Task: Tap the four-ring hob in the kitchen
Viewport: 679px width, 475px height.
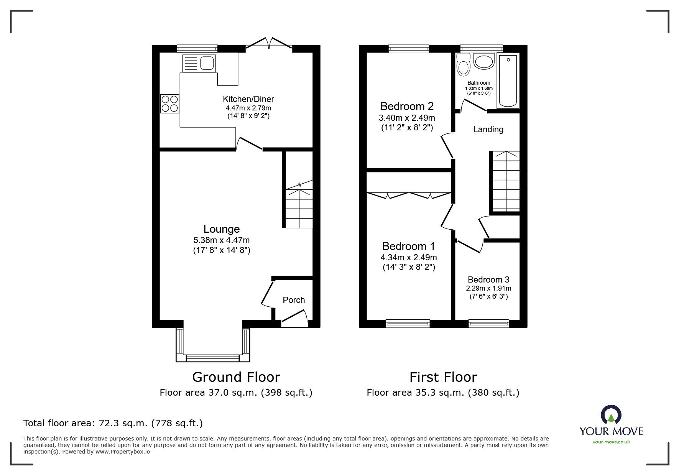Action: click(170, 104)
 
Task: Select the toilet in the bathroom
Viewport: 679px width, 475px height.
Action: click(464, 66)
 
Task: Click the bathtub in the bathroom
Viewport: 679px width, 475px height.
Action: click(508, 81)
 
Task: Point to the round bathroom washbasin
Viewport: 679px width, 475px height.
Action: click(484, 61)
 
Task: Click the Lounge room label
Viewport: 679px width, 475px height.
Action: click(221, 229)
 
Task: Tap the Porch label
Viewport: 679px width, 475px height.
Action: click(294, 300)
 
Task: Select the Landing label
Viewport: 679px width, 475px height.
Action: click(488, 129)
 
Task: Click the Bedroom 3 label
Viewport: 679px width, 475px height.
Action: click(488, 279)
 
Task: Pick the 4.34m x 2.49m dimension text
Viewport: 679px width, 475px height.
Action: click(409, 257)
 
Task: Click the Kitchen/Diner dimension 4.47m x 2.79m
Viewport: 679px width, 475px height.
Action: click(248, 108)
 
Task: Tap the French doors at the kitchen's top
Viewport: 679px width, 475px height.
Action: click(269, 43)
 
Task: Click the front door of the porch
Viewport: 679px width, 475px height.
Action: click(294, 318)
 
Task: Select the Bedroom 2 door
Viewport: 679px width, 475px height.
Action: click(447, 146)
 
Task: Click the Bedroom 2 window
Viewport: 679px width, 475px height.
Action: click(408, 48)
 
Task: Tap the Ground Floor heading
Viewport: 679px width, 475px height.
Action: click(236, 377)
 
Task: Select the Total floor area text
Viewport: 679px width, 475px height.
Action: click(113, 423)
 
